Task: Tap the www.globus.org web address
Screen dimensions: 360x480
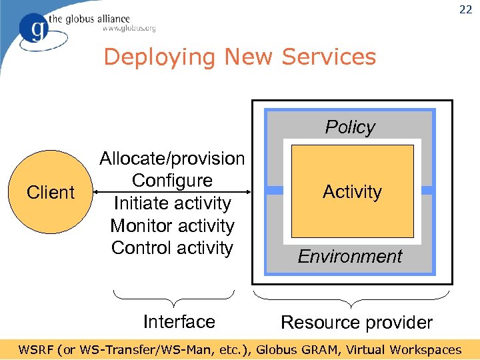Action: pyautogui.click(x=129, y=29)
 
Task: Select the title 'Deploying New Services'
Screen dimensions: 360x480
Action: pyautogui.click(x=240, y=57)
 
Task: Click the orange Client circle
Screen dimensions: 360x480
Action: pyautogui.click(x=51, y=193)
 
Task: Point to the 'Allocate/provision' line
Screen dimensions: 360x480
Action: pyautogui.click(x=172, y=159)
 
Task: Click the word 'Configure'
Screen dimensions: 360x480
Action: pyautogui.click(x=172, y=181)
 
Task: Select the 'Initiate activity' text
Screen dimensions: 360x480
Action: pyautogui.click(x=172, y=203)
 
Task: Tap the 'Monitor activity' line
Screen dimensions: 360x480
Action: pyautogui.click(x=172, y=226)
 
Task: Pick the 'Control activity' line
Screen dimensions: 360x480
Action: pyautogui.click(x=172, y=248)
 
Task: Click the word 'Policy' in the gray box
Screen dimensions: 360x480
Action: pyautogui.click(x=350, y=127)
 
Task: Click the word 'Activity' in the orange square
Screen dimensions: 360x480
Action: pyautogui.click(x=352, y=192)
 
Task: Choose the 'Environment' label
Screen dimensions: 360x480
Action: pyautogui.click(x=350, y=257)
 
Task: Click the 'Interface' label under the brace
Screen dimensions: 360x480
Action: pyautogui.click(x=179, y=322)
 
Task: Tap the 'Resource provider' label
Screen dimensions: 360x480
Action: pyautogui.click(x=357, y=323)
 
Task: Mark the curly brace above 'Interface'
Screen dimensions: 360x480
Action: pyautogui.click(x=173, y=294)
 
